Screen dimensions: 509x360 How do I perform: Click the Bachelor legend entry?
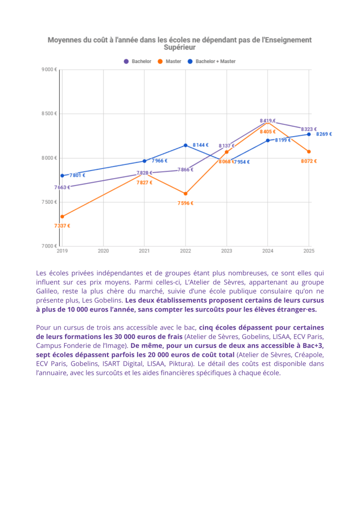pyautogui.click(x=138, y=62)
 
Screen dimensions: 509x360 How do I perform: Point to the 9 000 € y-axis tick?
pyautogui.click(x=49, y=70)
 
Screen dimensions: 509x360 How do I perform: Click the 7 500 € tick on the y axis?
pyautogui.click(x=49, y=202)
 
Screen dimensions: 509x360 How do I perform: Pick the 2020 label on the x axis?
pyautogui.click(x=103, y=252)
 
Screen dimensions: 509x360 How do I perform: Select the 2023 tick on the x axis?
pyautogui.click(x=226, y=252)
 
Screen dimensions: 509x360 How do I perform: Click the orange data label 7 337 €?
pyautogui.click(x=62, y=226)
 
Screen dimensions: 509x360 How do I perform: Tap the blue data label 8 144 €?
pyautogui.click(x=200, y=145)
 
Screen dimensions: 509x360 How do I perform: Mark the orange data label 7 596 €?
pyautogui.click(x=185, y=203)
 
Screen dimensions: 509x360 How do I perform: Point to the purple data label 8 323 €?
pyautogui.click(x=309, y=129)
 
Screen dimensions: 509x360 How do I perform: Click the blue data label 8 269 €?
pyautogui.click(x=324, y=134)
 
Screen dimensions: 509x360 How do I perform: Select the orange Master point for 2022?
pyautogui.click(x=185, y=194)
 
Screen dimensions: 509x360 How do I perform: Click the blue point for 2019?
pyautogui.click(x=62, y=175)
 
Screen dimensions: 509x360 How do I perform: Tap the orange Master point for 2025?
pyautogui.click(x=309, y=152)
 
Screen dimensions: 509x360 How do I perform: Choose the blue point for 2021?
pyautogui.click(x=144, y=161)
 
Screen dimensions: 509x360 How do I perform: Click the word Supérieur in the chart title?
pyautogui.click(x=180, y=48)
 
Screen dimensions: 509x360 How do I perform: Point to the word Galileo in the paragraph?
pyautogui.click(x=49, y=291)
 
